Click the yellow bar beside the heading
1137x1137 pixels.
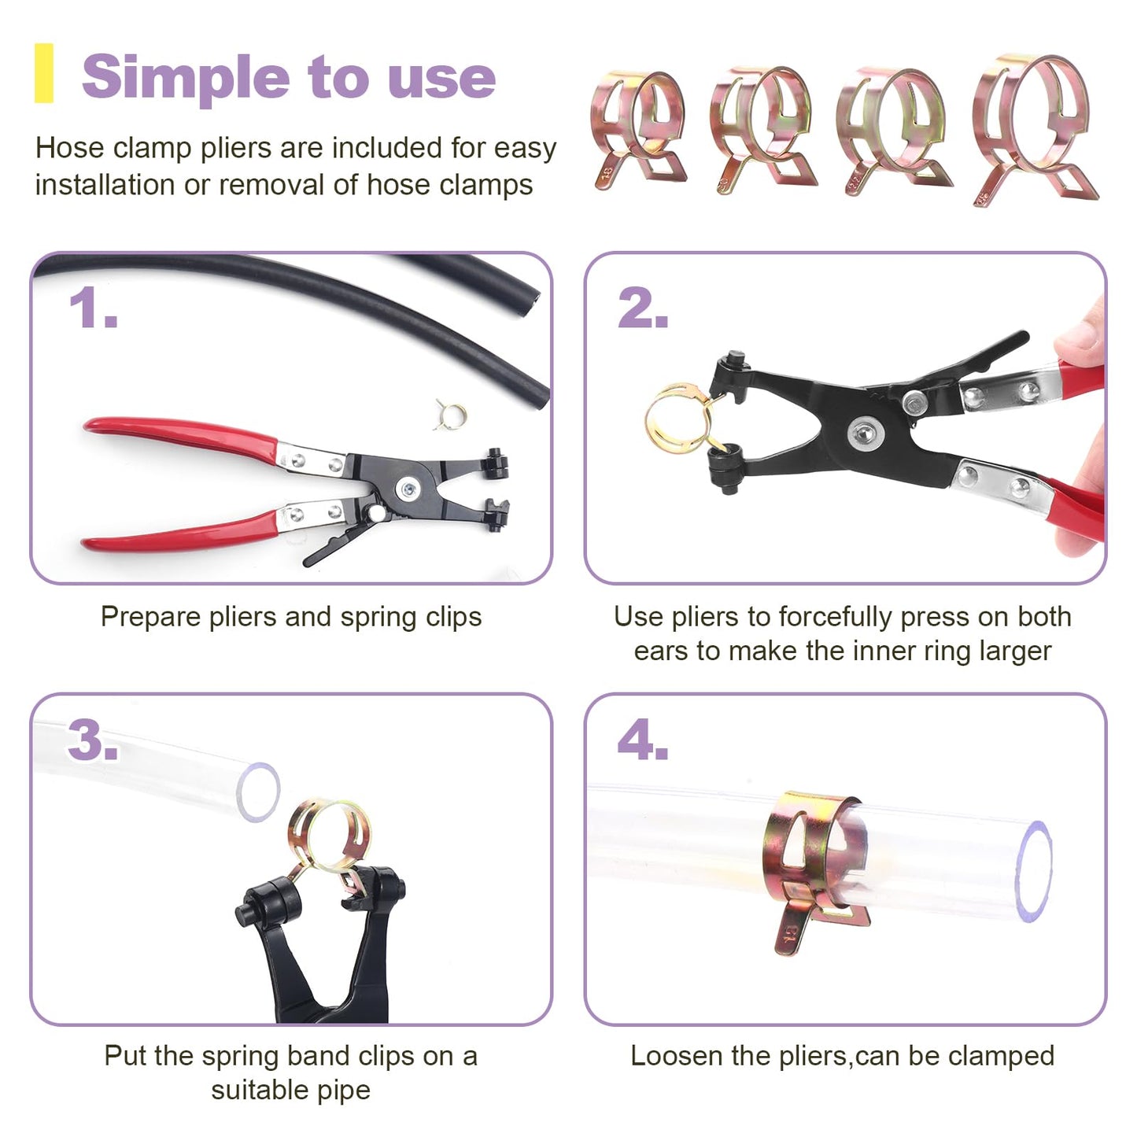click(x=44, y=73)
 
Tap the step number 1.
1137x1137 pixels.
click(x=93, y=308)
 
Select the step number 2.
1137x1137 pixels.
click(x=643, y=308)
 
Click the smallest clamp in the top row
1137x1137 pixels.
click(x=638, y=131)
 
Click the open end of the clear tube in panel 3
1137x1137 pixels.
click(x=258, y=792)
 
